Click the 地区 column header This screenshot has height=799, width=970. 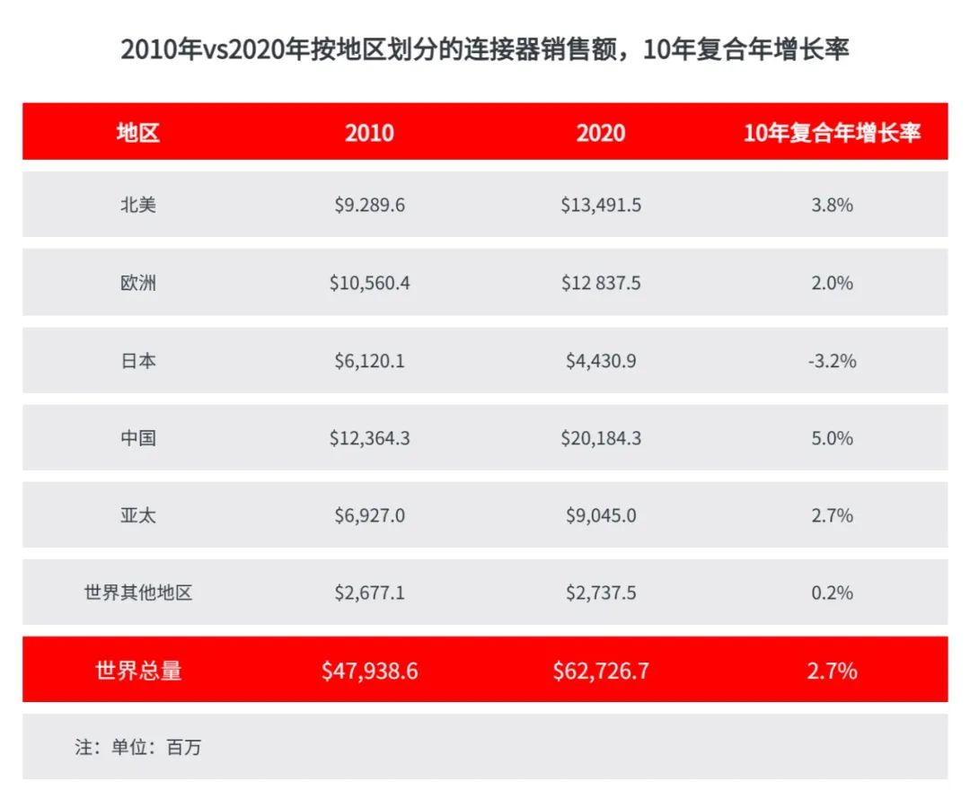[138, 133]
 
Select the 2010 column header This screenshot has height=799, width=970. [369, 133]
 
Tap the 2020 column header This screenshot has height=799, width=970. [601, 133]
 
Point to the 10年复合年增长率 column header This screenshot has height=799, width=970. [832, 133]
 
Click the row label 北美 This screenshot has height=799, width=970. [138, 205]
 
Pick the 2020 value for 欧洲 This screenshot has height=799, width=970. [601, 283]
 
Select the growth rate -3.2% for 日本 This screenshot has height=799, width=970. [832, 361]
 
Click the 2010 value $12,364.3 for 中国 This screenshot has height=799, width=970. [369, 438]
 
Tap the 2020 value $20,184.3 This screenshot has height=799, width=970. [601, 438]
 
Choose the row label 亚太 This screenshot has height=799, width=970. [138, 515]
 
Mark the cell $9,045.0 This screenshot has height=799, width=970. [601, 515]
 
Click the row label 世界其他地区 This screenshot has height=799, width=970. [138, 593]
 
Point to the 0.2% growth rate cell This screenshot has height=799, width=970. [832, 593]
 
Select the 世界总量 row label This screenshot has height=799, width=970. [138, 671]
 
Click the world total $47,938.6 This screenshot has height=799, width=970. [369, 671]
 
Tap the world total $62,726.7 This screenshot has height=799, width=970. [601, 671]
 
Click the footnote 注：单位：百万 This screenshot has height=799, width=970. [138, 747]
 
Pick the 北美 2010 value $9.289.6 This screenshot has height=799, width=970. [369, 205]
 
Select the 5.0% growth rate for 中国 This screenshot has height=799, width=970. [832, 438]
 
